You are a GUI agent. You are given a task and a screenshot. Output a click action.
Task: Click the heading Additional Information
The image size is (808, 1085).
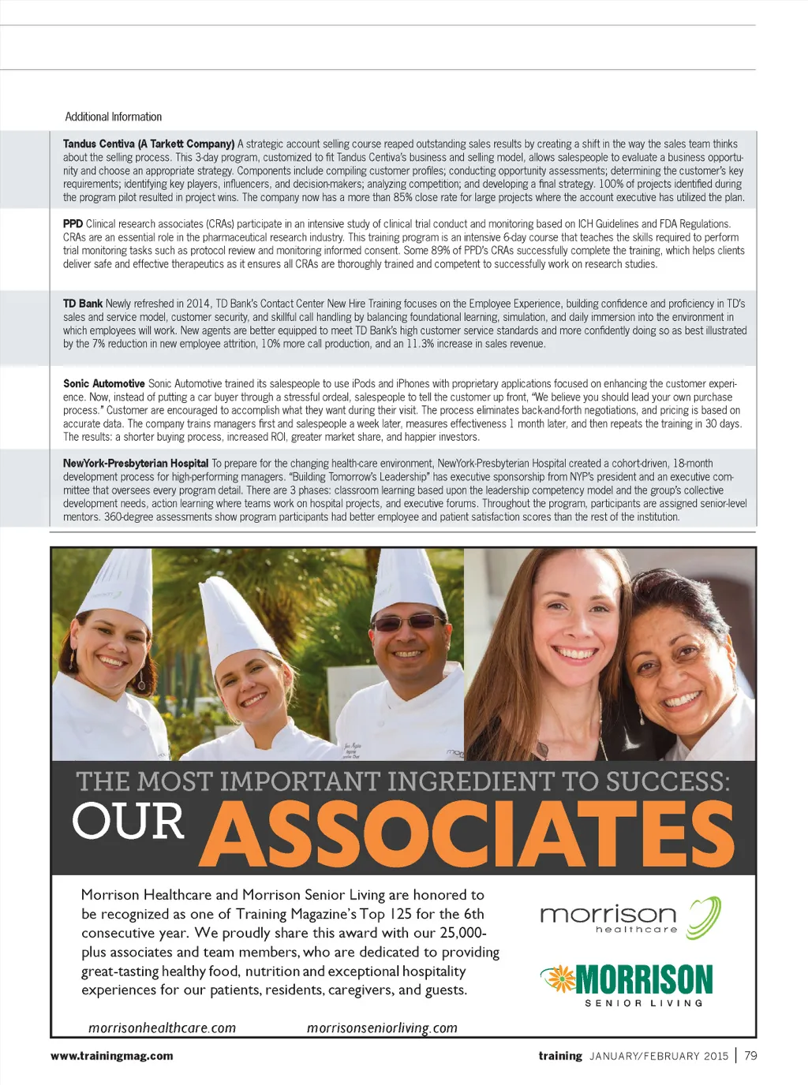coord(113,117)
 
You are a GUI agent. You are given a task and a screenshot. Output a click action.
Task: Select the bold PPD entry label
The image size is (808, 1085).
coord(73,224)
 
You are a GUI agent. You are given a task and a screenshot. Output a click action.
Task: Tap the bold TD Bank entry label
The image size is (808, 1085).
coord(83,304)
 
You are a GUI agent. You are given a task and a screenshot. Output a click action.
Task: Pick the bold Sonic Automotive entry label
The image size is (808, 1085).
coord(103,384)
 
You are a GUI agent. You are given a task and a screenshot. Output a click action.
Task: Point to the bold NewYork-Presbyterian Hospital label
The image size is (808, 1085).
coord(136,464)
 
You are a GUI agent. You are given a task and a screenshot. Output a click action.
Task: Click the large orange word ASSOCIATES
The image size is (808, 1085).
coord(472,834)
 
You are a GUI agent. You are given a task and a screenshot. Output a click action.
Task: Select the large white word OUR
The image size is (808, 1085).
coord(128,822)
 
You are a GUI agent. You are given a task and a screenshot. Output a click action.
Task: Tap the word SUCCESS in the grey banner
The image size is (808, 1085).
coord(667,781)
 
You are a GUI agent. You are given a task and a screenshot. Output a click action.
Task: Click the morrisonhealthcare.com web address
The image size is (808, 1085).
coord(162,1028)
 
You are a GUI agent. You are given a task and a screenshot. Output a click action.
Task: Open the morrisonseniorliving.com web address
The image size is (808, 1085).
coord(382,1028)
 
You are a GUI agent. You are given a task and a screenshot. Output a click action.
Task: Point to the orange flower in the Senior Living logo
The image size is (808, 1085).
coord(559,979)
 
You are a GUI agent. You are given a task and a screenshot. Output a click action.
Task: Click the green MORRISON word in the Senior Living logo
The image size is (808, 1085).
coord(644,980)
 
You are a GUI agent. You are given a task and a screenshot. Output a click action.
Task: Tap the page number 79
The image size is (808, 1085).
coord(750,1056)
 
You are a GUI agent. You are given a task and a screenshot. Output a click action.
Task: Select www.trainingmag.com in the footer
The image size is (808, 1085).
coord(111,1056)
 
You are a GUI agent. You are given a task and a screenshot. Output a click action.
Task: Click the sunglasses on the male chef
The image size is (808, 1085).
coord(407,623)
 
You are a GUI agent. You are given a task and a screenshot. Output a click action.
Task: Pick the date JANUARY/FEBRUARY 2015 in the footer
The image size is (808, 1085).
coord(659,1057)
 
